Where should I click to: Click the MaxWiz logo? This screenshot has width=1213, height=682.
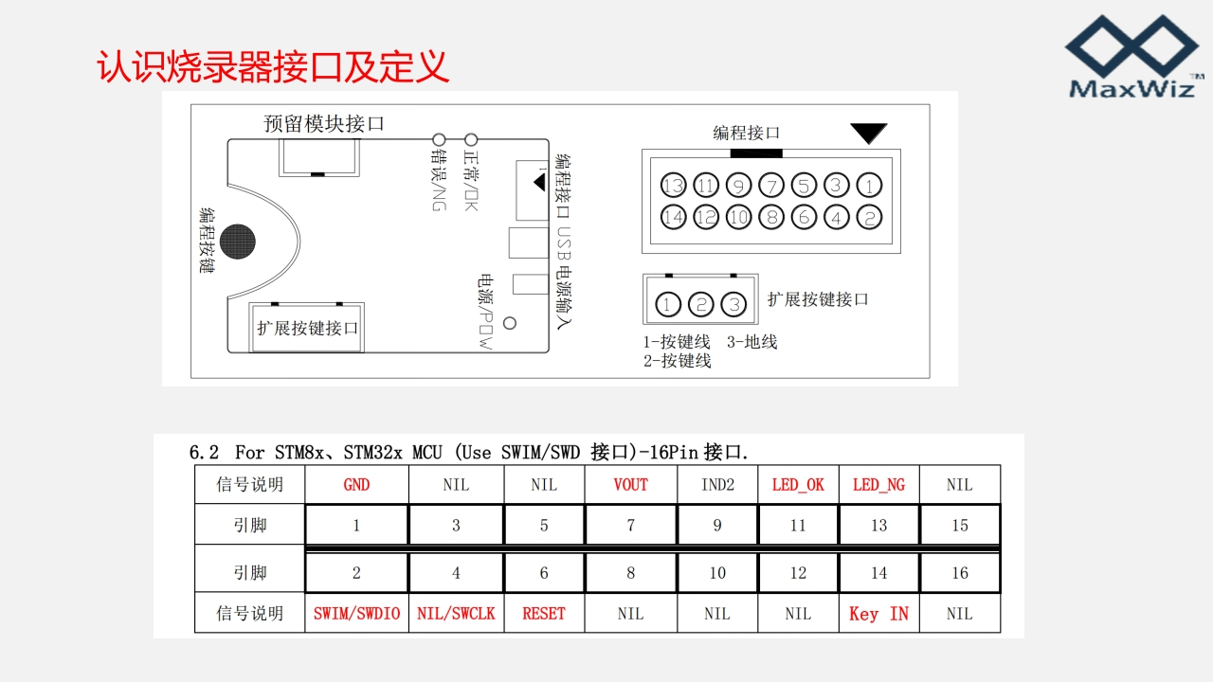click(1132, 57)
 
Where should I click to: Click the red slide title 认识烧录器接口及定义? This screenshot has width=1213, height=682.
click(273, 66)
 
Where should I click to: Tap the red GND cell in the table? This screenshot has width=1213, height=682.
click(356, 485)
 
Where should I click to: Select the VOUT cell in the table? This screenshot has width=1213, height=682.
click(630, 485)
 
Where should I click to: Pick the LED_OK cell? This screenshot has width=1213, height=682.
click(798, 485)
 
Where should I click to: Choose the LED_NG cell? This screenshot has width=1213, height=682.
click(878, 485)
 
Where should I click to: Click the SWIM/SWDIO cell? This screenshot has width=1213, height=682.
click(356, 614)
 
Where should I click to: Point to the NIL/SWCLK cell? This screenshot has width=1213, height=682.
click(456, 614)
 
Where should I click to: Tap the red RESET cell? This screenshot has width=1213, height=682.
click(544, 614)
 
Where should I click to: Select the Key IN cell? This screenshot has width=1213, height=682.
click(878, 614)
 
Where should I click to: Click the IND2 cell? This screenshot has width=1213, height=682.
click(717, 485)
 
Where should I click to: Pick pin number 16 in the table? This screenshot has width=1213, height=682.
click(960, 573)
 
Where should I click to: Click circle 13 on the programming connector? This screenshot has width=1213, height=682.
click(674, 186)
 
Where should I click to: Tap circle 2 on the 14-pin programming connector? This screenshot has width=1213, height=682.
click(868, 218)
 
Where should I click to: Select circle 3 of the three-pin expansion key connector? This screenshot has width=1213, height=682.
click(733, 304)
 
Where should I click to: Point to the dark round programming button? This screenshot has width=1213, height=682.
click(237, 242)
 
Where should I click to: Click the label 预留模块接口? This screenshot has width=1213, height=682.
click(324, 124)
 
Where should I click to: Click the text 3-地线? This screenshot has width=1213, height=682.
click(752, 342)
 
